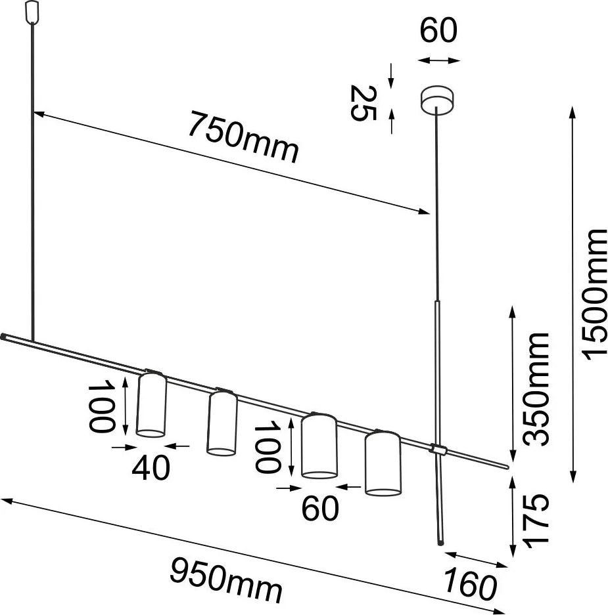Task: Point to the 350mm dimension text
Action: (x=535, y=389)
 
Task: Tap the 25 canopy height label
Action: (x=363, y=103)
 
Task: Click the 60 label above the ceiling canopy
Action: (x=438, y=30)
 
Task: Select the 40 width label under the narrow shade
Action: (x=151, y=467)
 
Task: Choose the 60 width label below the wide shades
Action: (x=319, y=508)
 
